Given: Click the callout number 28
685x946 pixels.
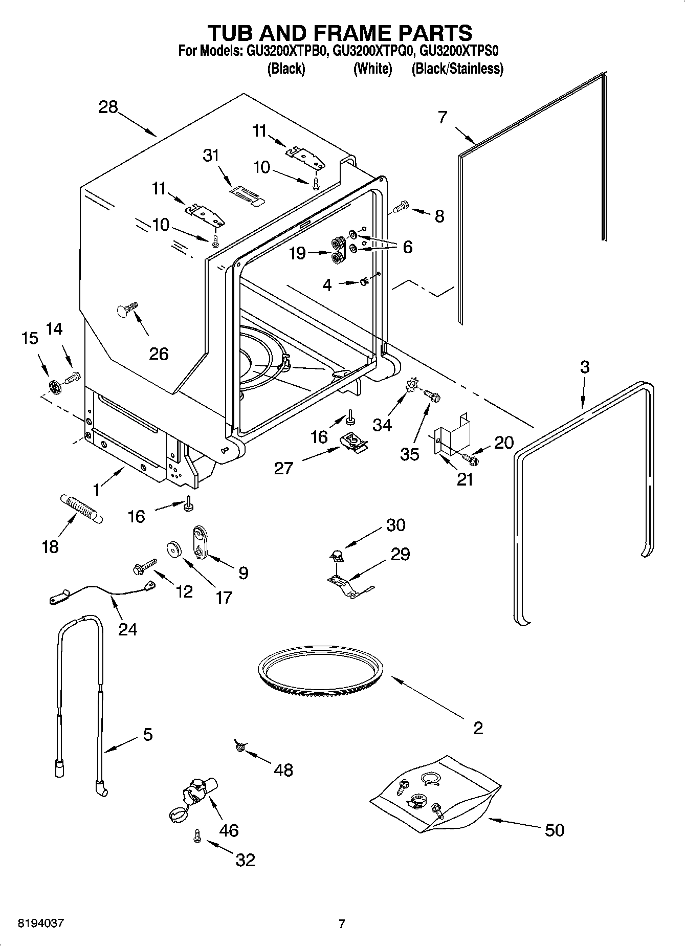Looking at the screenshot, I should [x=108, y=107].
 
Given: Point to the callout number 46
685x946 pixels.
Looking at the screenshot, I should [x=228, y=830].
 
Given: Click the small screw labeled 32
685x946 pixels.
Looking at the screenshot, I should [x=196, y=836].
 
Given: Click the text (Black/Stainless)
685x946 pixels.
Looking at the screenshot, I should [x=457, y=69].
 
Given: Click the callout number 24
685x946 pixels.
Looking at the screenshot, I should [x=127, y=628].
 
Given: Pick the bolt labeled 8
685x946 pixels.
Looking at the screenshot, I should [x=400, y=207].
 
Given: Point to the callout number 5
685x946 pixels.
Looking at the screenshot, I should [x=147, y=734].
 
